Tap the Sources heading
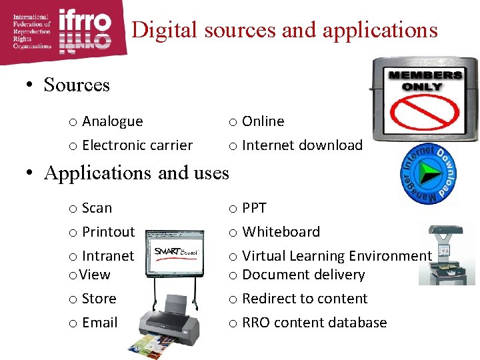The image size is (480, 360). [x=76, y=85]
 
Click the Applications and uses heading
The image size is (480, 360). [x=136, y=173]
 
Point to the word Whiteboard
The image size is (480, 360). [x=281, y=232]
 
